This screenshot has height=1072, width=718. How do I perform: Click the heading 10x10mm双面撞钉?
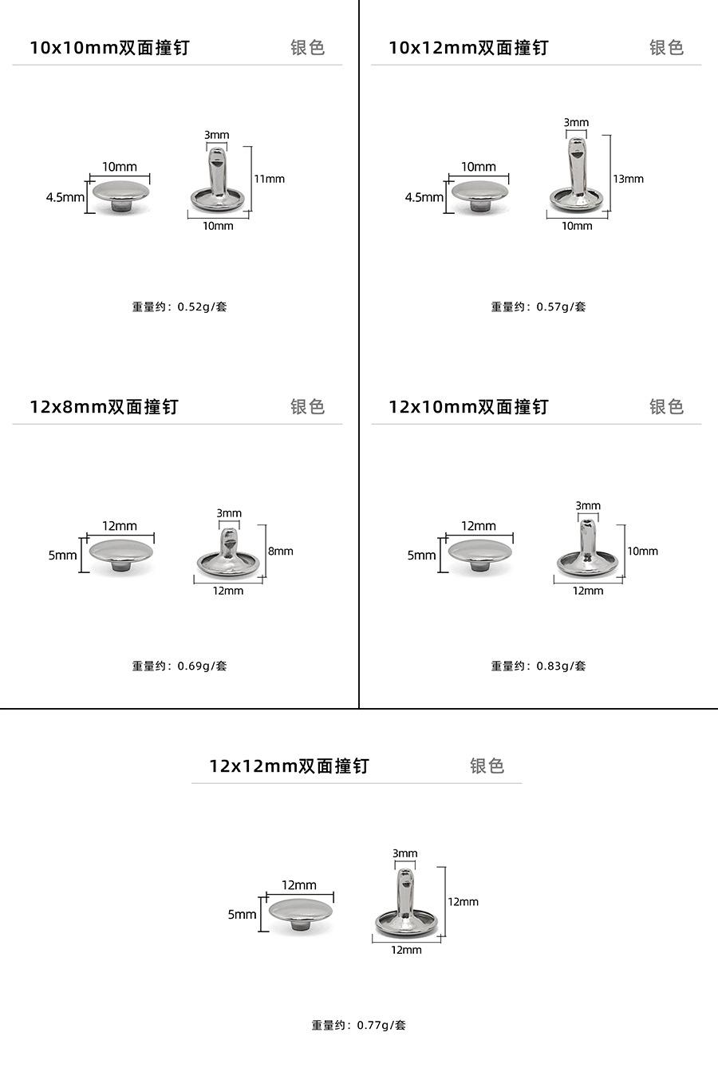(x=109, y=48)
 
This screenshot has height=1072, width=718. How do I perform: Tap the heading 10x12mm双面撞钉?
(x=468, y=48)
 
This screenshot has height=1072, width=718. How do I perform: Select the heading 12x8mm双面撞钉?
(x=104, y=407)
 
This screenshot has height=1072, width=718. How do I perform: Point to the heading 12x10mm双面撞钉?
(x=468, y=407)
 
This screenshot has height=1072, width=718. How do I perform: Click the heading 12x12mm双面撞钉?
(x=289, y=766)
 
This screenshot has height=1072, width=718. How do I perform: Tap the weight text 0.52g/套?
(x=179, y=307)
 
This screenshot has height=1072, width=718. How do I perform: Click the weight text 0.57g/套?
(x=538, y=307)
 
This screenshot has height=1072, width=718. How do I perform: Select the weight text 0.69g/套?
(x=179, y=666)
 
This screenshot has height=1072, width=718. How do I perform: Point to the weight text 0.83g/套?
(x=538, y=666)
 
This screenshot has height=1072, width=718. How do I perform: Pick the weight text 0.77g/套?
(x=359, y=1025)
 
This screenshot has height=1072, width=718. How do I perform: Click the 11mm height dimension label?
(x=269, y=179)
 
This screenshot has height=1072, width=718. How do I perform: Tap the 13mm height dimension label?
(x=628, y=179)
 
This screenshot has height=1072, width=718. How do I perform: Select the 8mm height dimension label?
(x=281, y=551)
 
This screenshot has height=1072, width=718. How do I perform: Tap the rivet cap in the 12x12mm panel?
(x=301, y=912)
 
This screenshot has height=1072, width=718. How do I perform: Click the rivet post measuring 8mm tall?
(x=228, y=556)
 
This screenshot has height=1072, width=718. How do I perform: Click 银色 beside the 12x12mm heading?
(x=487, y=766)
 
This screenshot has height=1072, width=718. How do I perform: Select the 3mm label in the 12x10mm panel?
(x=588, y=506)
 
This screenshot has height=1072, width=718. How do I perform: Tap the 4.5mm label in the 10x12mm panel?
(x=424, y=197)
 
